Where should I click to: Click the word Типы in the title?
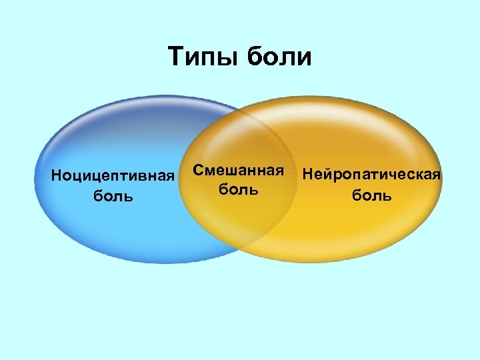(203, 57)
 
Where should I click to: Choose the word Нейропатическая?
(371, 175)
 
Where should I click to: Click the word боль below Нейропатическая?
(371, 195)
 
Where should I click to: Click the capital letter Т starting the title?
(175, 57)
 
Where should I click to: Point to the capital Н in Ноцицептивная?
(57, 177)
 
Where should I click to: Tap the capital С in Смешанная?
(199, 170)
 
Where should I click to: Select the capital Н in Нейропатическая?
(307, 175)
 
